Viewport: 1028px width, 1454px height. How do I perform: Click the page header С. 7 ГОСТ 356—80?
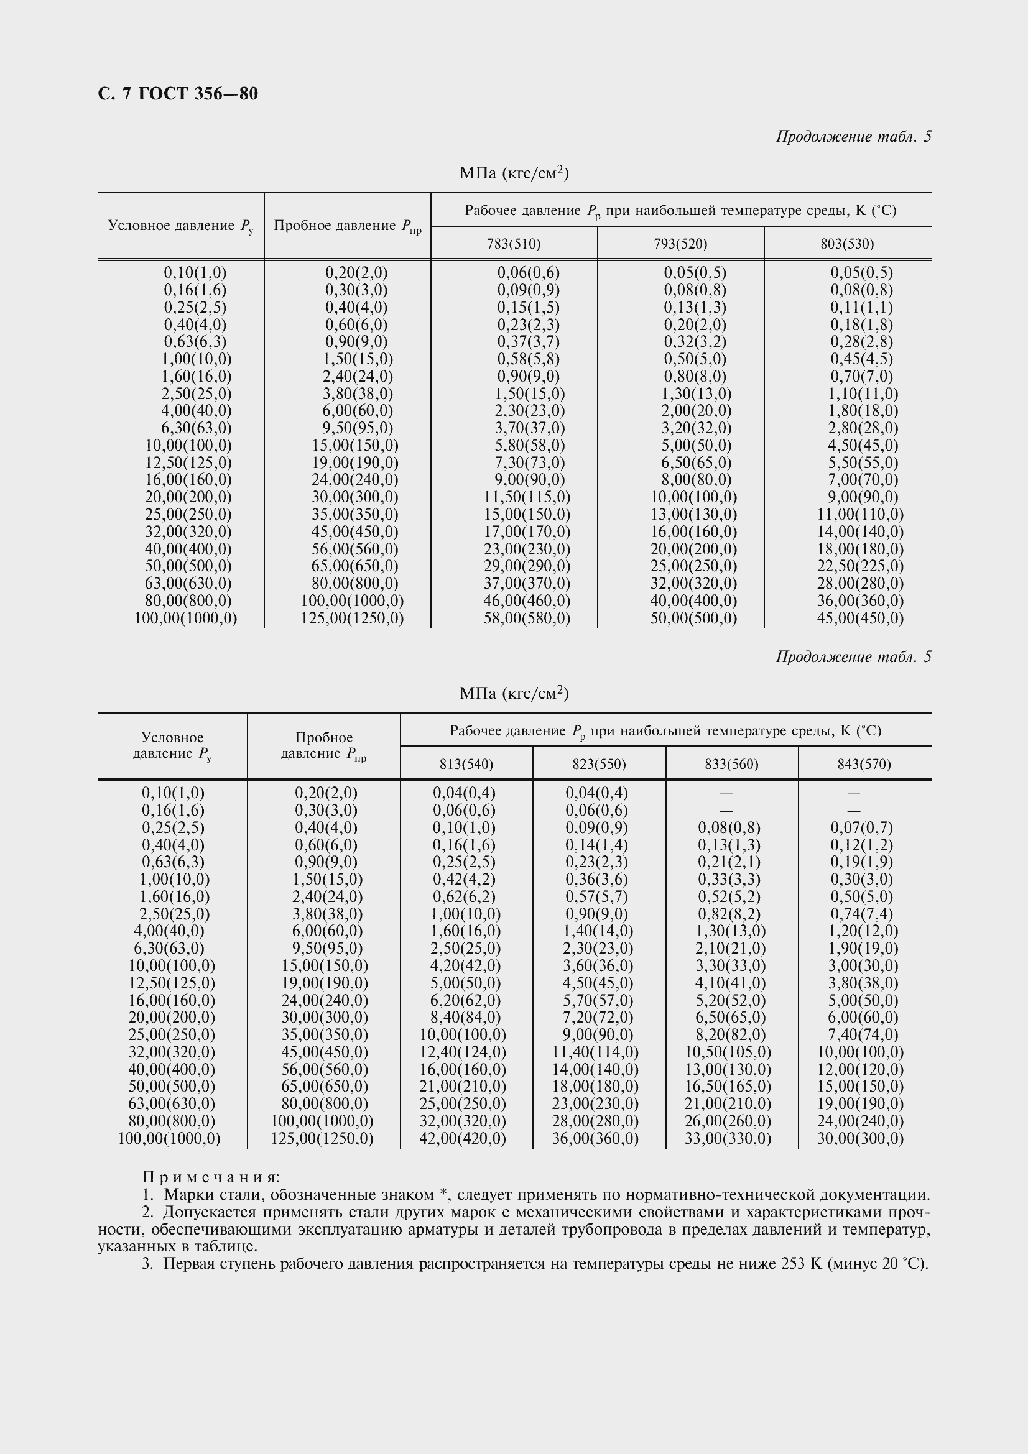point(178,94)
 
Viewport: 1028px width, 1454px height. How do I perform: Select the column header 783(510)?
point(514,244)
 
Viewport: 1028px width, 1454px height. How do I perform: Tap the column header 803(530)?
point(847,244)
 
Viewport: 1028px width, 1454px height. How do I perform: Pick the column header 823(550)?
point(598,765)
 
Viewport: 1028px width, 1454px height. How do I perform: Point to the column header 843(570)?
point(864,765)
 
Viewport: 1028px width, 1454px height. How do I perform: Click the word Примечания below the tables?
point(211,1177)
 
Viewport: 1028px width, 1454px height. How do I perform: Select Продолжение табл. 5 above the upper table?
point(853,137)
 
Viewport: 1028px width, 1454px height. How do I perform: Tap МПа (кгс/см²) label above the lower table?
point(514,694)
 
